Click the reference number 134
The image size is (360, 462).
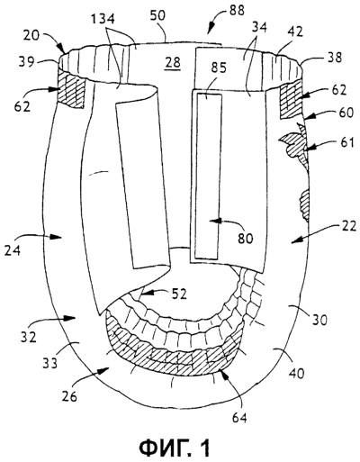(103, 20)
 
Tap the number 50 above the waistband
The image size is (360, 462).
(157, 15)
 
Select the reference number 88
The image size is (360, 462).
(237, 11)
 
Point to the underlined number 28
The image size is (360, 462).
(174, 62)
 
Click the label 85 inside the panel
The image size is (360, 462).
(218, 68)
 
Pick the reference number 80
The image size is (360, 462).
(246, 239)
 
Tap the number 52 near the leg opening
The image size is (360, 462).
(179, 294)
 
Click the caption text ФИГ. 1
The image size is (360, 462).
(175, 448)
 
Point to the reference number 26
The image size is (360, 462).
(70, 396)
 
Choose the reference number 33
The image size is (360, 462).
(49, 364)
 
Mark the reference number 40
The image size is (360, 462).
(296, 373)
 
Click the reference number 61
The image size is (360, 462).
(348, 142)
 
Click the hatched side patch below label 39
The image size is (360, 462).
(72, 88)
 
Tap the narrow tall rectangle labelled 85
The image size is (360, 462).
(207, 176)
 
